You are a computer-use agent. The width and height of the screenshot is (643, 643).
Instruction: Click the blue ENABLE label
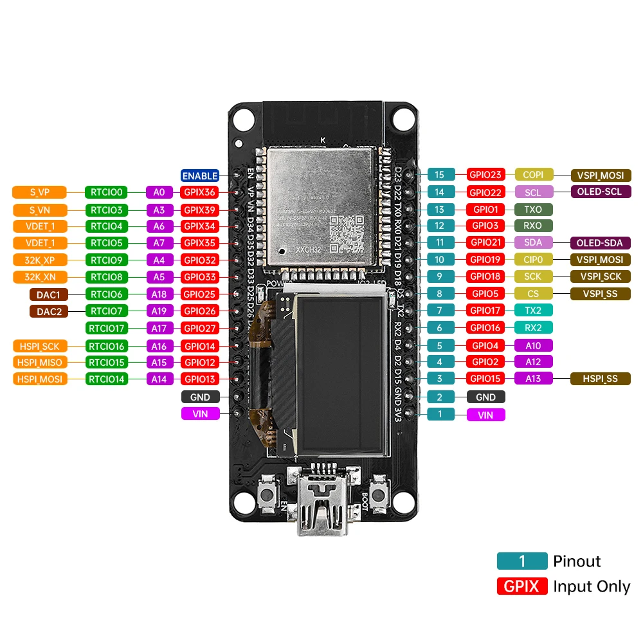[x=200, y=176]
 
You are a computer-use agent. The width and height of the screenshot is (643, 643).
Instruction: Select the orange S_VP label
[x=39, y=192]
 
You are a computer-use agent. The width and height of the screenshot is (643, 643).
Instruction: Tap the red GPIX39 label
[x=200, y=210]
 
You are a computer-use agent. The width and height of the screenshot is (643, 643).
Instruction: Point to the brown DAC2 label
[x=48, y=311]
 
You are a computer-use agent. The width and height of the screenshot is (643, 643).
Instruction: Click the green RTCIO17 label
[x=107, y=328]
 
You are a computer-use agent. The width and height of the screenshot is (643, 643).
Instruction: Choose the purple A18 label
[x=159, y=294]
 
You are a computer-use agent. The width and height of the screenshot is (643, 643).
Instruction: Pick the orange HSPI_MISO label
[x=39, y=362]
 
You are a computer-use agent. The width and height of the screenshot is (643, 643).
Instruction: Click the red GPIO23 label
[x=486, y=174]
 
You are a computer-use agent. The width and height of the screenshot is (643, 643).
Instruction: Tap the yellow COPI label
[x=533, y=174]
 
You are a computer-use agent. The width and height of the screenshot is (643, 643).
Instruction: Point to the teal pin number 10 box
[x=440, y=260]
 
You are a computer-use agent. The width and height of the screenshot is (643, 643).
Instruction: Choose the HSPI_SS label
[x=601, y=379]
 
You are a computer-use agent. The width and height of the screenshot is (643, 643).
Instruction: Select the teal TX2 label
[x=533, y=310]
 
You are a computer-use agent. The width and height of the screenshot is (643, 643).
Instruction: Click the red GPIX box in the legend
[x=521, y=586]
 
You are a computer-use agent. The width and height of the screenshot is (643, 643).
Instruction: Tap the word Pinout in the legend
[x=577, y=561]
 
